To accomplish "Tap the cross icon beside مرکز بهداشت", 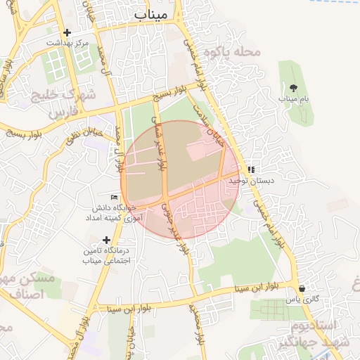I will click(x=67, y=32).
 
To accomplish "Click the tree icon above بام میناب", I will click(x=293, y=88).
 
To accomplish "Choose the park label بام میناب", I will click(x=293, y=99).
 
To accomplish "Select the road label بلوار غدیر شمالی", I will click(x=160, y=148).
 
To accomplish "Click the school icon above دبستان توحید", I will click(x=251, y=169).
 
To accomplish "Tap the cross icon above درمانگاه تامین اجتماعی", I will click(x=106, y=240).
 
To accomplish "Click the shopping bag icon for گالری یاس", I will click(x=302, y=288).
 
